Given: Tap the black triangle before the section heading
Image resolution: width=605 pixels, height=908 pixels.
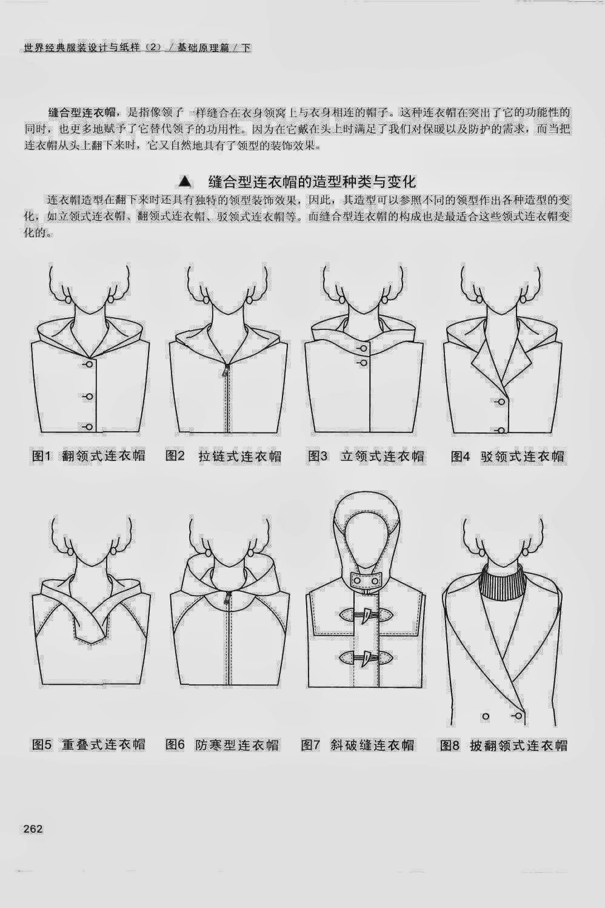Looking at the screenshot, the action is pos(184,181).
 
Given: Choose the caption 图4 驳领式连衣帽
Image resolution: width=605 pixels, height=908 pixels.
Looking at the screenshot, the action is pos(508,456).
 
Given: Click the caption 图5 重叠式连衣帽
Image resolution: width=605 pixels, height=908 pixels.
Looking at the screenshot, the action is pos(89,744).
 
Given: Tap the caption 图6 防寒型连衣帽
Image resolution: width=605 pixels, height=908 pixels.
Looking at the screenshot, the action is pos(222,744).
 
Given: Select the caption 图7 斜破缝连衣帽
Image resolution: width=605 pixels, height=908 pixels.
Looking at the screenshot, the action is pos(358,744).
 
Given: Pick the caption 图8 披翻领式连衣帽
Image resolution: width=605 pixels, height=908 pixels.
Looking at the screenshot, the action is pos(504,745).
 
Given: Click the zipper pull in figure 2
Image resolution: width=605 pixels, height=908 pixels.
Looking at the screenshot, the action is pos(226,369).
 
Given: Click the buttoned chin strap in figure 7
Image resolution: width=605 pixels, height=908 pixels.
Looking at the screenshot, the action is pos(366,581).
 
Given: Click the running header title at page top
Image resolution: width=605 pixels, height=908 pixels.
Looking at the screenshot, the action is pos(138,48).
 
